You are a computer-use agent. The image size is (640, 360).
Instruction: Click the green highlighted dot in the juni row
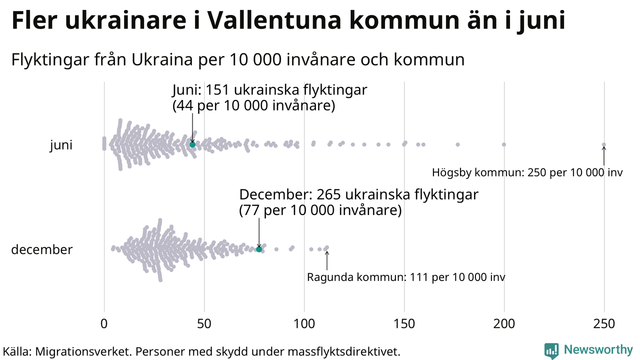coord(192,144)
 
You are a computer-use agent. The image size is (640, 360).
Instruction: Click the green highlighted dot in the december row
coord(259,249)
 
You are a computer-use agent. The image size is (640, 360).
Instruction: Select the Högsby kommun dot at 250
coord(604,144)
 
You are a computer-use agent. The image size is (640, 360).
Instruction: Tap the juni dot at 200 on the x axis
coord(504,144)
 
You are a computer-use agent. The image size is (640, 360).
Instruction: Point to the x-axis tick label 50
coord(204,324)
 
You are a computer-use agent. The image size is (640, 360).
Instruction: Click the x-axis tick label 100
coord(304,324)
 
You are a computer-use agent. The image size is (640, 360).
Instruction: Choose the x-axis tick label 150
coord(404,324)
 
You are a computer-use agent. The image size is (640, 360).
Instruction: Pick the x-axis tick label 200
coord(504,324)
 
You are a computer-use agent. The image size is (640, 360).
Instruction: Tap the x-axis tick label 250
coord(604,324)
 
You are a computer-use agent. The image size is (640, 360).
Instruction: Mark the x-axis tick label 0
coord(104,324)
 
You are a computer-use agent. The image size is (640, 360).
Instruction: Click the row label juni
coord(61,145)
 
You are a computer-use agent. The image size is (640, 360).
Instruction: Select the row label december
coord(42,249)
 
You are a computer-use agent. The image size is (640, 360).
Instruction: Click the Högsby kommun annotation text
coord(527,173)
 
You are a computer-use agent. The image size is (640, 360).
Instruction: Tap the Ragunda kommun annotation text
coord(406,277)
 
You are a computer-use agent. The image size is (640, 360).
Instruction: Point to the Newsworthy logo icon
coord(551,350)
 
